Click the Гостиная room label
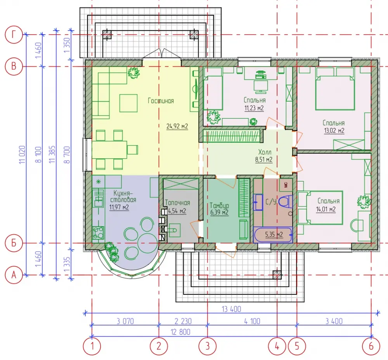pyautogui.click(x=161, y=101)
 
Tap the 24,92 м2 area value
pyautogui.click(x=177, y=126)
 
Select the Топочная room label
pyautogui.click(x=177, y=202)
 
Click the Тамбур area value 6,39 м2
pyautogui.click(x=219, y=212)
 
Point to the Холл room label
pyautogui.click(x=265, y=152)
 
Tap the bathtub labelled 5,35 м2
pyautogui.click(x=273, y=235)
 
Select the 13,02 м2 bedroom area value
pyautogui.click(x=334, y=130)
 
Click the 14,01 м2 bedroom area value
pyautogui.click(x=326, y=209)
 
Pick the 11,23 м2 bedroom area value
pyautogui.click(x=254, y=108)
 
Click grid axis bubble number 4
pyautogui.click(x=277, y=346)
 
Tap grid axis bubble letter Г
pyautogui.click(x=14, y=35)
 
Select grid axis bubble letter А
pyautogui.click(x=14, y=275)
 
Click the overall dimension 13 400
pyautogui.click(x=231, y=309)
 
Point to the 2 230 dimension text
pyautogui.click(x=183, y=321)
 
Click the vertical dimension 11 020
pyautogui.click(x=22, y=154)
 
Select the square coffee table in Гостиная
pyautogui.click(x=128, y=103)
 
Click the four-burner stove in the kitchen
pyautogui.click(x=98, y=233)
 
